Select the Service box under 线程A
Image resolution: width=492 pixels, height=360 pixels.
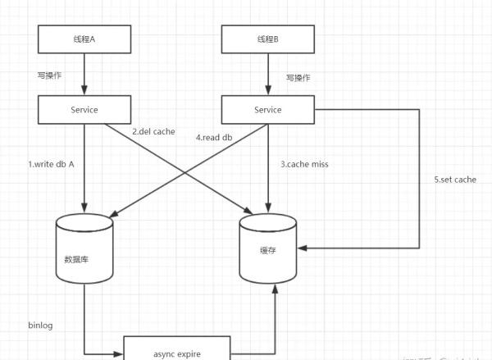pyautogui.click(x=84, y=108)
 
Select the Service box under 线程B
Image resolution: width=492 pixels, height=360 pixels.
pyautogui.click(x=268, y=109)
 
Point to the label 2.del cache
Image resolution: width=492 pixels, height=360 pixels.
pyautogui.click(x=153, y=131)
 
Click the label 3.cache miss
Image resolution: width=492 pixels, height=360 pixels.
pyautogui.click(x=306, y=164)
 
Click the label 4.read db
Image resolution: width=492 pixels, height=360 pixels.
pyautogui.click(x=215, y=137)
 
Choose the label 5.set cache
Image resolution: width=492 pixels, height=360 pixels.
pyautogui.click(x=455, y=179)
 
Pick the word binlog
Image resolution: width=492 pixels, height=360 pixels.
pyautogui.click(x=40, y=326)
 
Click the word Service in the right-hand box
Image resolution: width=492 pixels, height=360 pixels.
pyautogui.click(x=268, y=109)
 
